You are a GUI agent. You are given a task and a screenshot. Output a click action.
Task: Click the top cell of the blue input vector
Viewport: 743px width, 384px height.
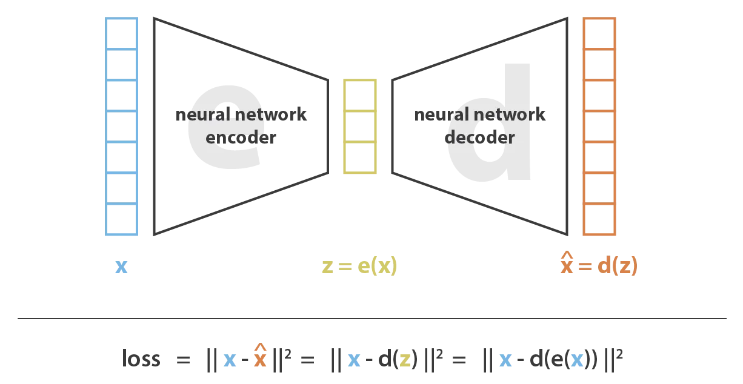click(121, 33)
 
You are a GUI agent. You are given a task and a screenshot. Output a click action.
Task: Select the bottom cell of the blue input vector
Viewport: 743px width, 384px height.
click(121, 219)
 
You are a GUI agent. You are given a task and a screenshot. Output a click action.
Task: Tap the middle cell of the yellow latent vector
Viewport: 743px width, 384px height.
click(359, 126)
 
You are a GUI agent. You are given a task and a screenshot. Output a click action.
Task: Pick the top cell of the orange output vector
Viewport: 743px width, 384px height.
click(599, 33)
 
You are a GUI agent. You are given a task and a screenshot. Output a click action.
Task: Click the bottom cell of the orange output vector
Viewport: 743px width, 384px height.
click(599, 219)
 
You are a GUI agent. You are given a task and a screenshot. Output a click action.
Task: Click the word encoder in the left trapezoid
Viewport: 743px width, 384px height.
click(241, 137)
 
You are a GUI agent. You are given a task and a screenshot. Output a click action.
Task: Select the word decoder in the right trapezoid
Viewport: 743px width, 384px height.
click(479, 137)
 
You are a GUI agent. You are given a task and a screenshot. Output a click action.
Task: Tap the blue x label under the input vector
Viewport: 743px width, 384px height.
click(121, 266)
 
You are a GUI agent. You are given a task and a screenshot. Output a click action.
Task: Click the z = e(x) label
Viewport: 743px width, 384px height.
click(359, 266)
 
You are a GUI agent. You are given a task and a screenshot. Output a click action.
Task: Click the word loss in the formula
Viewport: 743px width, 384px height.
click(141, 359)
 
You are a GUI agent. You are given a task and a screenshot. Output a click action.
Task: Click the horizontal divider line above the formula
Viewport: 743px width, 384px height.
click(371, 318)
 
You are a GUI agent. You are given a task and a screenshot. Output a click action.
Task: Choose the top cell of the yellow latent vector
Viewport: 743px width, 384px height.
click(359, 95)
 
